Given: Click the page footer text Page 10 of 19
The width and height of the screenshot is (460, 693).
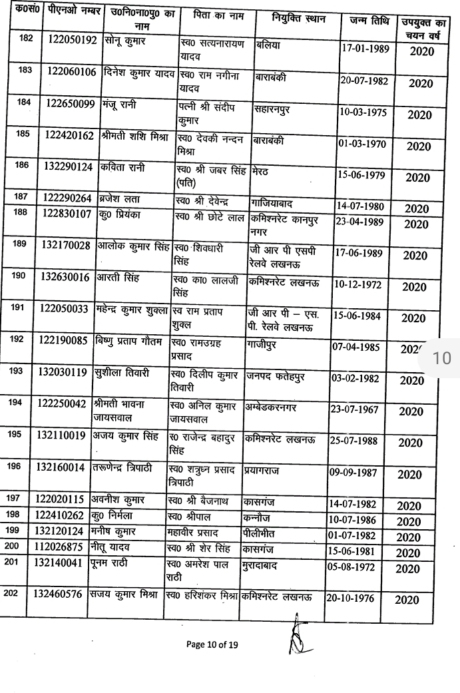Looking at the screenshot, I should pos(212,644).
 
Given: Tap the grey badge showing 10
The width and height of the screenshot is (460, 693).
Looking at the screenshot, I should pos(441,357).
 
